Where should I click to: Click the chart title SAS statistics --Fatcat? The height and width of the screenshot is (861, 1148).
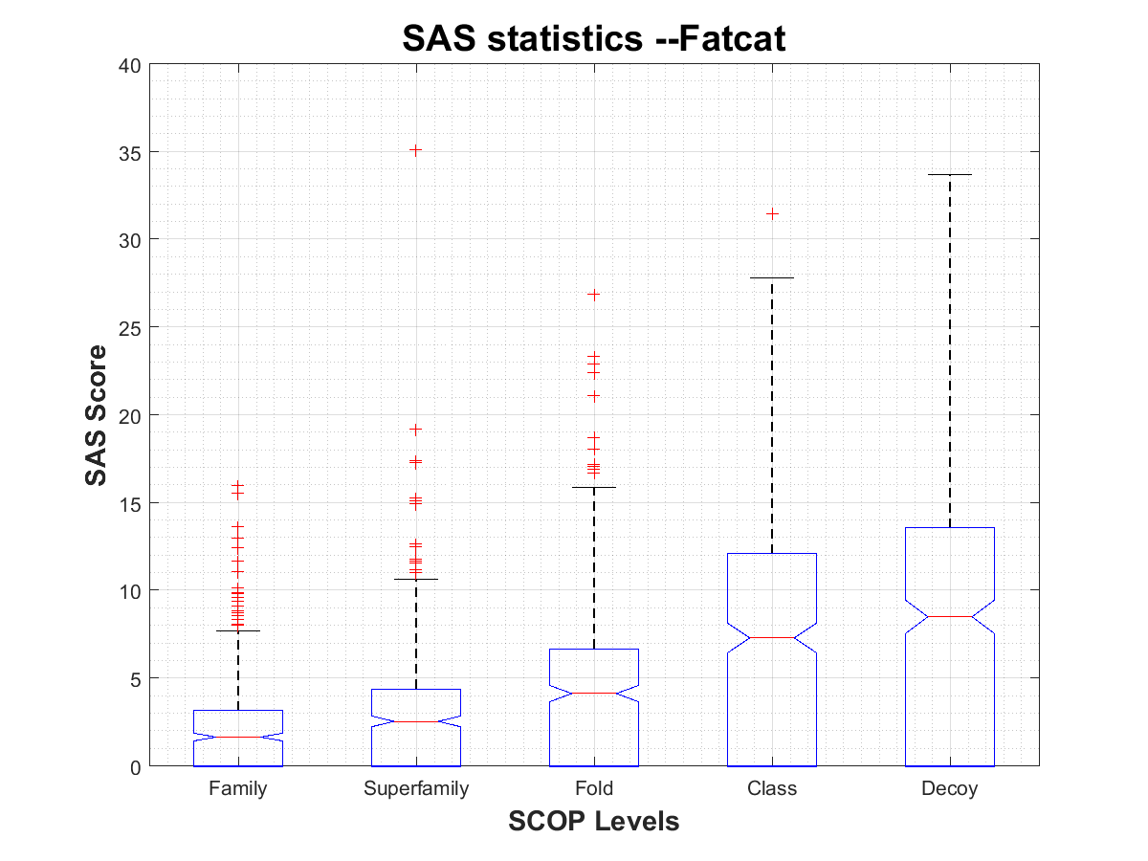tap(593, 38)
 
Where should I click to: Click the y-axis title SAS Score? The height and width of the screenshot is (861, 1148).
tap(96, 415)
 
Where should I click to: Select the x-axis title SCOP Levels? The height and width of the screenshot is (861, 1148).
tap(593, 821)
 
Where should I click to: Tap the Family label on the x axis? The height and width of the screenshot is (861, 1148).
tap(237, 789)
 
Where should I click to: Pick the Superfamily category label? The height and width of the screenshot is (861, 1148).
tap(416, 789)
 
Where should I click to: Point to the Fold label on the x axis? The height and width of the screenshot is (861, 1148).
tap(594, 789)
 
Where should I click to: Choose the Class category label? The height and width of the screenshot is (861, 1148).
tap(772, 789)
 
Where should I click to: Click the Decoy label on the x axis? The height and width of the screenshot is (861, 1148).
tap(950, 789)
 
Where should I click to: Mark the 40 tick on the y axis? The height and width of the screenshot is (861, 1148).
tap(130, 65)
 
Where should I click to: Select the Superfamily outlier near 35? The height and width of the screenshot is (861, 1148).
tap(416, 150)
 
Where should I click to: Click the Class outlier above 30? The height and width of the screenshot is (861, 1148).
tap(772, 213)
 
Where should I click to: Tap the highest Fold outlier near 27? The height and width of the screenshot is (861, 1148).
tap(594, 295)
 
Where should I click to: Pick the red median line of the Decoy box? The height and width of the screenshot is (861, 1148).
tap(950, 617)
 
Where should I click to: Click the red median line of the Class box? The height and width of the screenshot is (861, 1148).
tap(772, 637)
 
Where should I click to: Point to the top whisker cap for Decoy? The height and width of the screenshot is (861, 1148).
tap(950, 175)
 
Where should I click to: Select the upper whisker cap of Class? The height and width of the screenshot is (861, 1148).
tap(772, 277)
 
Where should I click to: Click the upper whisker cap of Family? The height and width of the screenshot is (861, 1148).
tap(237, 630)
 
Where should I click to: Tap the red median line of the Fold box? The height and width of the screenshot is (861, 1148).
tap(594, 693)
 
